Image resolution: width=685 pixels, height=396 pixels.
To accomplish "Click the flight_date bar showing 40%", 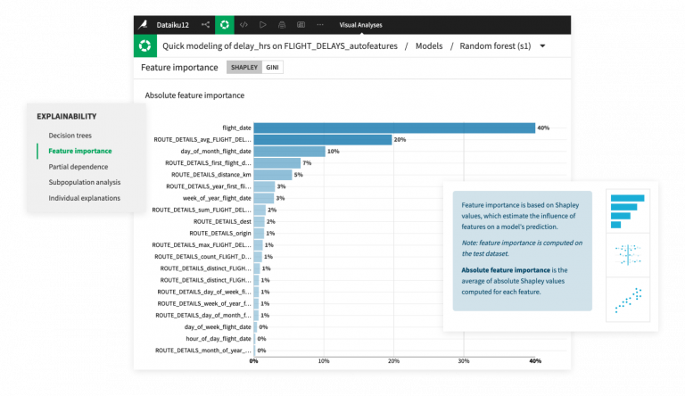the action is [394, 128].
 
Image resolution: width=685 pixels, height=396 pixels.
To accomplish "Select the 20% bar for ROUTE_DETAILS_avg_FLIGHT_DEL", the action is [323, 139].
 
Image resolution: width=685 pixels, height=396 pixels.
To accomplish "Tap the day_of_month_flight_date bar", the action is [290, 152].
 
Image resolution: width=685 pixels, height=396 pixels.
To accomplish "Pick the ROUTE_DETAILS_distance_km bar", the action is [273, 175].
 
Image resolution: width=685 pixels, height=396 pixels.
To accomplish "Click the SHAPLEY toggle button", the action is [244, 67].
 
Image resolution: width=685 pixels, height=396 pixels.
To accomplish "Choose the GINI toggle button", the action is [272, 67].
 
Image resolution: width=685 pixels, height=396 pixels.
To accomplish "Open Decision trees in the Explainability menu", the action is [70, 136].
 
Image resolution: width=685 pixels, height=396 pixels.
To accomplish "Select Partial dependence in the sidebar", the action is [78, 167].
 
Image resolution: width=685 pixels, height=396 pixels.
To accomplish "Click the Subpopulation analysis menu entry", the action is [85, 182].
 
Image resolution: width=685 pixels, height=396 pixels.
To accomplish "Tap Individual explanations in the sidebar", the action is [85, 198].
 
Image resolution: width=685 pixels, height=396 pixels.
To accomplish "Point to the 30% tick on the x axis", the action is [464, 361].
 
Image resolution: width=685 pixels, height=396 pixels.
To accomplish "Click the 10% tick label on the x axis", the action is [324, 361].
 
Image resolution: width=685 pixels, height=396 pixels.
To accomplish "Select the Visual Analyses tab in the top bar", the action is [361, 25].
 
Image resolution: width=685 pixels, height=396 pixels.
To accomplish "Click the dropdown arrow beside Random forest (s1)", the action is [542, 45].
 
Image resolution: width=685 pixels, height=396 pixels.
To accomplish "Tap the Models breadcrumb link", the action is [429, 45].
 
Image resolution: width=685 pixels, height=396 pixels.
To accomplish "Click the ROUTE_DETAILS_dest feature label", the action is [222, 221].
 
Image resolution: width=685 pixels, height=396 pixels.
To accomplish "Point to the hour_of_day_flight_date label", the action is [219, 339].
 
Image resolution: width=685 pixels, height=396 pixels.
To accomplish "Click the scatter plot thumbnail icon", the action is [628, 300].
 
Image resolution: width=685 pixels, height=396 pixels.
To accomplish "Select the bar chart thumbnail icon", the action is [627, 211].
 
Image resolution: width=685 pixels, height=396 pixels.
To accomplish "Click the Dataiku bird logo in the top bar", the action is [144, 25].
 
